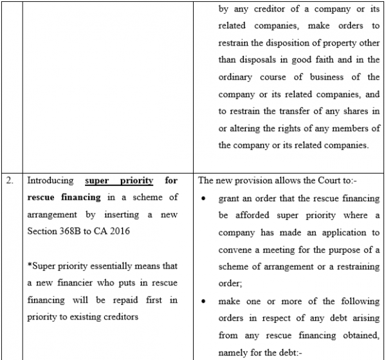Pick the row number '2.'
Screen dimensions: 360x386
click(x=10, y=181)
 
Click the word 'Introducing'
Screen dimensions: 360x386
click(x=51, y=181)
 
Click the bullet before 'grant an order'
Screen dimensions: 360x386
click(x=203, y=198)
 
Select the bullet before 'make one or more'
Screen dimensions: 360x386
click(x=203, y=300)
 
